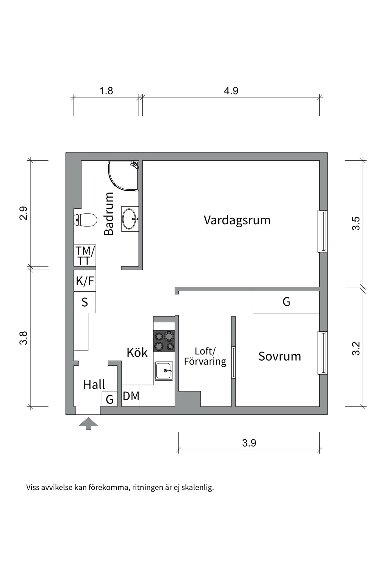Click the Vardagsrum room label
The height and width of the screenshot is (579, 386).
click(x=237, y=220)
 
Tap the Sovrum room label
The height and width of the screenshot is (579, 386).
click(x=280, y=356)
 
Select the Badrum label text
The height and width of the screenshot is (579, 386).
click(x=109, y=214)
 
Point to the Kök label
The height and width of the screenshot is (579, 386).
click(x=137, y=353)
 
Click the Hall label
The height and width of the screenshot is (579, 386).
click(x=94, y=385)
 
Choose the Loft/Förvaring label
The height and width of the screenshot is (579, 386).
click(x=205, y=356)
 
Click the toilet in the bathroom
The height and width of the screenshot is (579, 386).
click(x=85, y=220)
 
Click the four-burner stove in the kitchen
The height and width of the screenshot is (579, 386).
click(x=164, y=341)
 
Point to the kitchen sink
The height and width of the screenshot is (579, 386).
click(x=164, y=371)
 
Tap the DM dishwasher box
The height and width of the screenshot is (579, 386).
click(x=131, y=396)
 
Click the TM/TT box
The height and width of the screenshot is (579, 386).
click(x=85, y=255)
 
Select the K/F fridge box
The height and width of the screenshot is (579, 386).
click(x=85, y=281)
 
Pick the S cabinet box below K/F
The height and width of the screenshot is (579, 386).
click(x=85, y=302)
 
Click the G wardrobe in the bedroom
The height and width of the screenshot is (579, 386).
click(x=286, y=302)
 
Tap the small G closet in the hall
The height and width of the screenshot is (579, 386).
click(x=109, y=399)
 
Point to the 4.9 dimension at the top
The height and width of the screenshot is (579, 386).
click(x=231, y=91)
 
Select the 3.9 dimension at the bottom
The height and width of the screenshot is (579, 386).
click(x=249, y=443)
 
